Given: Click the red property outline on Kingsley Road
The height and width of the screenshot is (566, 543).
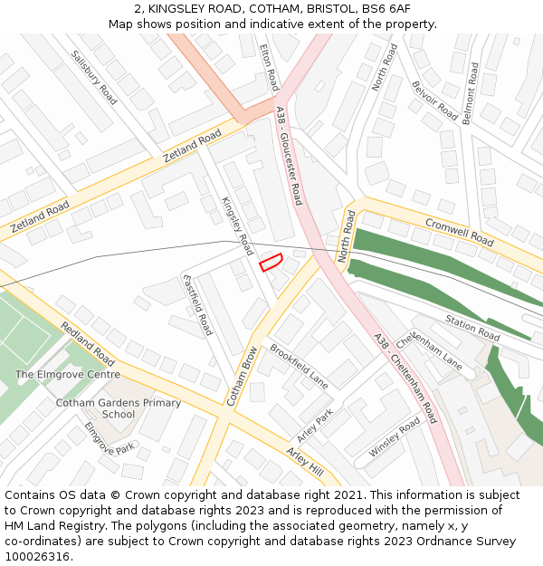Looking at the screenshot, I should coord(271,263).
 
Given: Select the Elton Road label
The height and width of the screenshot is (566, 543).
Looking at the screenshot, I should coord(270,67).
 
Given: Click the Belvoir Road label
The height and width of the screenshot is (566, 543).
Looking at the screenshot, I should coord(435,100).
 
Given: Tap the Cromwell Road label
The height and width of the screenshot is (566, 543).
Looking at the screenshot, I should coord(460,231).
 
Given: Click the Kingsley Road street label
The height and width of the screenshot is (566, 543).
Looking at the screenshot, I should coord(237,225).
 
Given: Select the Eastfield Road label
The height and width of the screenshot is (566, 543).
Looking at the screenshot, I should coord(197,304).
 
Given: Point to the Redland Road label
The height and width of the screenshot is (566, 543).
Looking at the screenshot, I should coord(88,343).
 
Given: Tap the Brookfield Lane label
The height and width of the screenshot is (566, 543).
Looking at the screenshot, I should coord(299,366).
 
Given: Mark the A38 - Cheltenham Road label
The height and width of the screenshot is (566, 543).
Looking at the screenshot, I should coord(405,379).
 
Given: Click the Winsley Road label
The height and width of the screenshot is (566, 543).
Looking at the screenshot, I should coord(395,436).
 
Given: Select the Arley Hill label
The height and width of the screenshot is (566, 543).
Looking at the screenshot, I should coord(304,461).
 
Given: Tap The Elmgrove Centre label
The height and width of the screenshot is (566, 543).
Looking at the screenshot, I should coord(67,374).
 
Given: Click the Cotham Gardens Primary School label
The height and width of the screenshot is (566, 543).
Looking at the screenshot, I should coord(119,408).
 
